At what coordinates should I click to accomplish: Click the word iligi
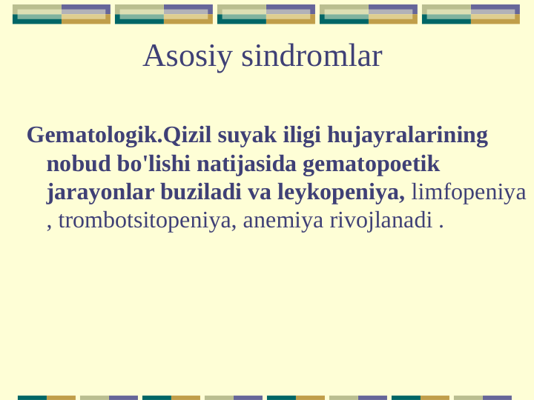302,136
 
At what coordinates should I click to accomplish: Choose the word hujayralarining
408,136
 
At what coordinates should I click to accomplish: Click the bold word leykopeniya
341,192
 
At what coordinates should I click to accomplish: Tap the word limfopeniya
469,192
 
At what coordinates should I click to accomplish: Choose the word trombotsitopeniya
148,220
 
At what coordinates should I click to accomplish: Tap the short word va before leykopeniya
260,192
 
